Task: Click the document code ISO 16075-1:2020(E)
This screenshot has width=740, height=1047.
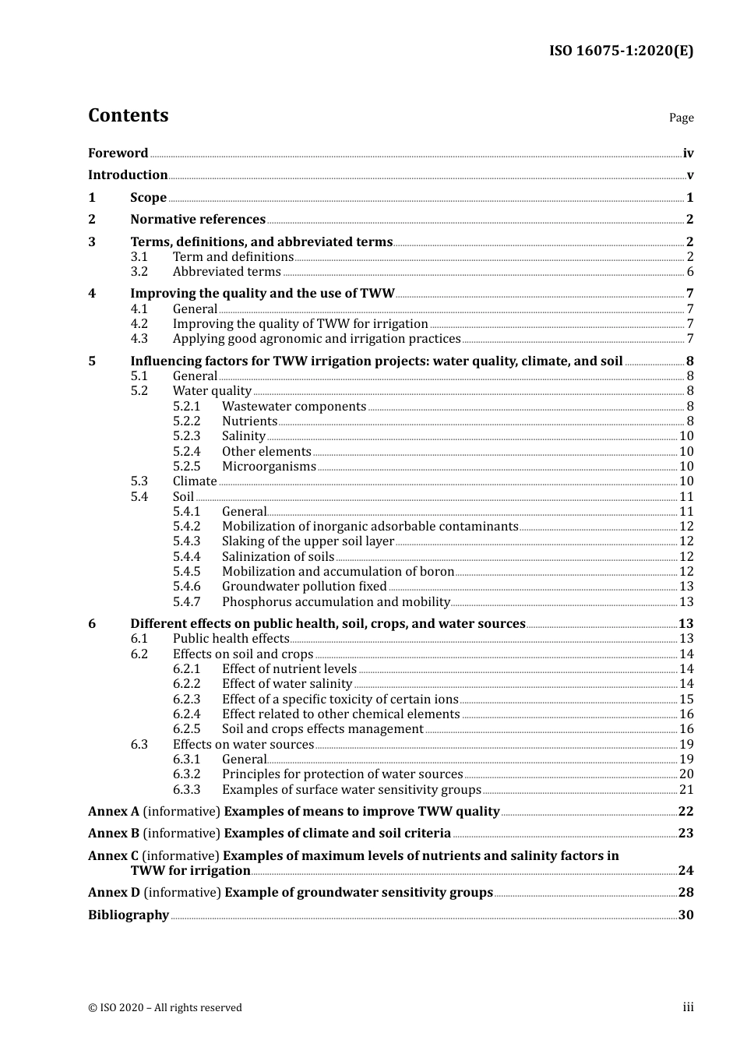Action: click(x=621, y=51)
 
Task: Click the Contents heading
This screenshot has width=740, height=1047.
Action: click(x=128, y=115)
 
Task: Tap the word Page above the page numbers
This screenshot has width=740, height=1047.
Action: click(x=681, y=118)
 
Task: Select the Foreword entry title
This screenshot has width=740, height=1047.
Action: click(x=118, y=153)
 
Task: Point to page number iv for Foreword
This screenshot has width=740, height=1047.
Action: click(x=688, y=153)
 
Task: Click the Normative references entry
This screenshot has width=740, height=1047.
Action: click(x=198, y=220)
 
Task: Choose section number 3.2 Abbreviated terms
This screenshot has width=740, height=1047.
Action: click(x=139, y=272)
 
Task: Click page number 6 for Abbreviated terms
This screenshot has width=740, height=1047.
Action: click(x=690, y=272)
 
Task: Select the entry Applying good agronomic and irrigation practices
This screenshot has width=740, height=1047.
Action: click(x=316, y=339)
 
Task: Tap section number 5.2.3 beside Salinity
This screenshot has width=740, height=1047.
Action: click(x=186, y=436)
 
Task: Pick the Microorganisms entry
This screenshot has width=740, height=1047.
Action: click(x=269, y=467)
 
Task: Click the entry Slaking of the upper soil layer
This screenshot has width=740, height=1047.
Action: click(x=308, y=541)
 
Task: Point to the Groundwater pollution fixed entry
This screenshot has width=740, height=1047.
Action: click(x=304, y=587)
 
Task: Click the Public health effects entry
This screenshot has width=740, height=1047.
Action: click(x=231, y=639)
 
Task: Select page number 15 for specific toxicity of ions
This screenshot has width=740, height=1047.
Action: click(x=686, y=700)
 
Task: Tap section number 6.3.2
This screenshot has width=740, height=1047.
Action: click(x=186, y=774)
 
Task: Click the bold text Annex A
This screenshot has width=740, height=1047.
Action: click(x=114, y=812)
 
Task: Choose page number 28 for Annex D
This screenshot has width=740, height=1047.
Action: click(x=685, y=893)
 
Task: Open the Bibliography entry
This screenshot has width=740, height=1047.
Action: click(x=129, y=915)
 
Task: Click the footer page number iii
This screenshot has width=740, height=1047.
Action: click(x=688, y=1007)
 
